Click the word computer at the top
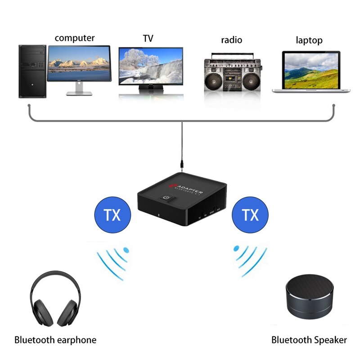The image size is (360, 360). pos(75,38)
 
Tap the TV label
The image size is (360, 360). pos(148,39)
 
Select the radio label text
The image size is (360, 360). pos(231,40)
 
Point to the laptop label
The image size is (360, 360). pos(309,40)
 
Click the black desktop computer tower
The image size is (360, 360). pos(32,71)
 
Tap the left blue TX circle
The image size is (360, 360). pos(112,215)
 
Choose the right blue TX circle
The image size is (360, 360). pos(250,215)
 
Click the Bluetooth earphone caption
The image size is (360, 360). pos(55,340)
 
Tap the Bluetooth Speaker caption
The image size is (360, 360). pos(309,340)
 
